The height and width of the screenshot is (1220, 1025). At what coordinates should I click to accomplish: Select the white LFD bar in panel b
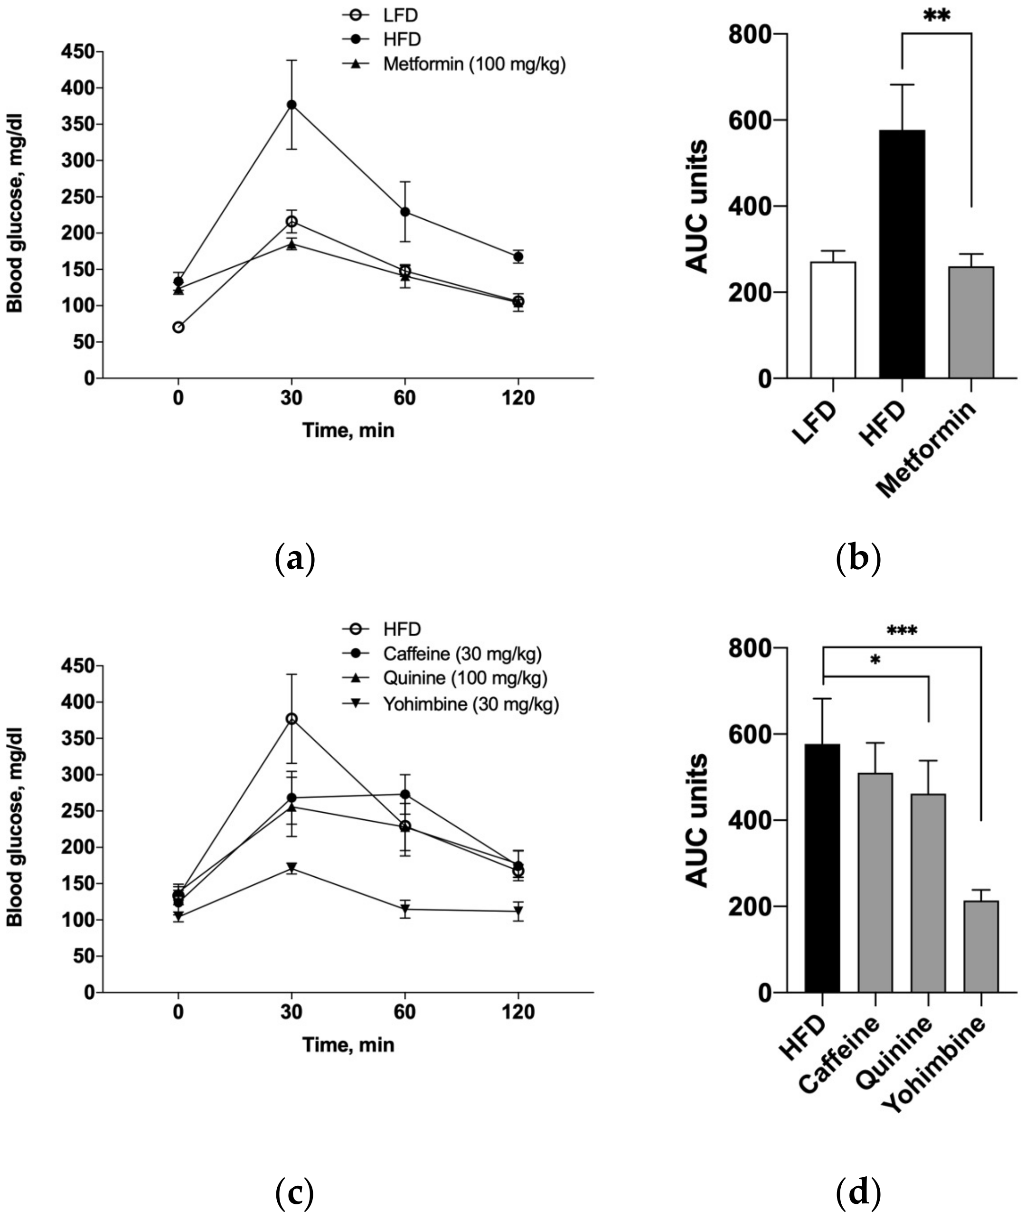(833, 320)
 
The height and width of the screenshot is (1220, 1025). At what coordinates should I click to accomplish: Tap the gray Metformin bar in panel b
(971, 322)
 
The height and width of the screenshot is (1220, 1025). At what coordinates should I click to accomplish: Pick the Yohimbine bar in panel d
(981, 947)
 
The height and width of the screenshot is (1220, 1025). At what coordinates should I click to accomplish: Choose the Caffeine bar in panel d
(875, 882)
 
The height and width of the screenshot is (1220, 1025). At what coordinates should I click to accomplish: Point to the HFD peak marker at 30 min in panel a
(292, 104)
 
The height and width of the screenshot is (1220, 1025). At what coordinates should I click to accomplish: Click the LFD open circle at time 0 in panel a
(179, 327)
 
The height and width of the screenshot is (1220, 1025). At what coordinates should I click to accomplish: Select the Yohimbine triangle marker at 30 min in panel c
(292, 867)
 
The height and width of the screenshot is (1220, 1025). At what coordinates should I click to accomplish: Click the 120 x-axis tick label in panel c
(518, 1013)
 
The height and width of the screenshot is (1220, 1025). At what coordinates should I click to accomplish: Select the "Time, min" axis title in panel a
(348, 431)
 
